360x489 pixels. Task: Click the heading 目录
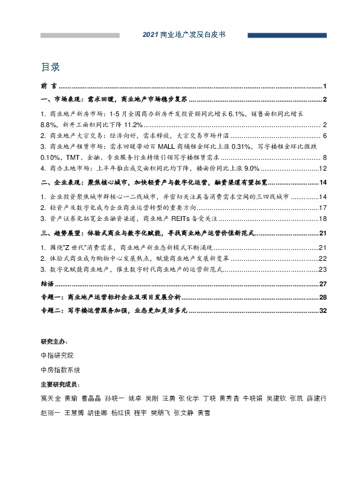tap(50, 66)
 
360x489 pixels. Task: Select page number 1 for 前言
tap(325, 86)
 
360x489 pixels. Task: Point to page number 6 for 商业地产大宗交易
tap(325, 136)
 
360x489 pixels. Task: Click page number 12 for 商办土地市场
tap(323, 168)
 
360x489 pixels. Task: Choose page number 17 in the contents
tap(323, 208)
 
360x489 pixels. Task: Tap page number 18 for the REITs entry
tap(323, 218)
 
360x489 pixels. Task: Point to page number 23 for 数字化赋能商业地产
tap(323, 269)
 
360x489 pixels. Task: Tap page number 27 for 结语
tap(323, 284)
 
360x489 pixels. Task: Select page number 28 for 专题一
tap(323, 297)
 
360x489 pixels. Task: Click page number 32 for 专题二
tap(323, 310)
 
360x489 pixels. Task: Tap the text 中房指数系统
tap(59, 369)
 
